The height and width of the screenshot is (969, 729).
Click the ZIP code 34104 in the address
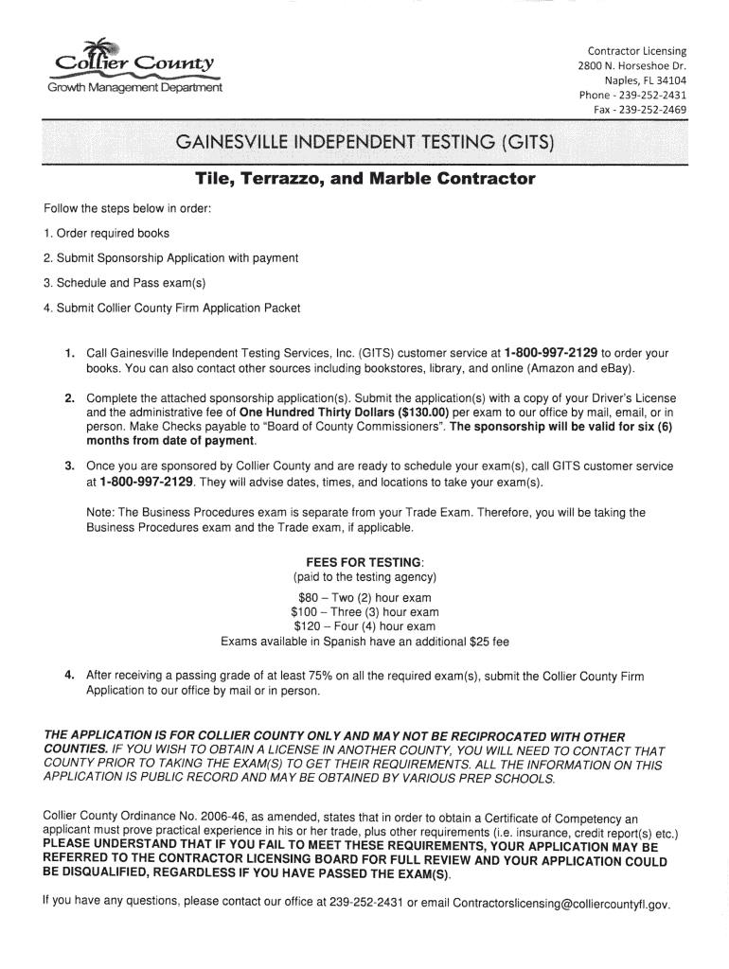pos(668,80)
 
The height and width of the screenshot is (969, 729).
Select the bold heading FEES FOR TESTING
pos(364,561)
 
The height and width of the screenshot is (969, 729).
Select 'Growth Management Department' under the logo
pos(131,89)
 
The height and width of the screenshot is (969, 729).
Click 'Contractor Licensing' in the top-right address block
pos(637,50)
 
